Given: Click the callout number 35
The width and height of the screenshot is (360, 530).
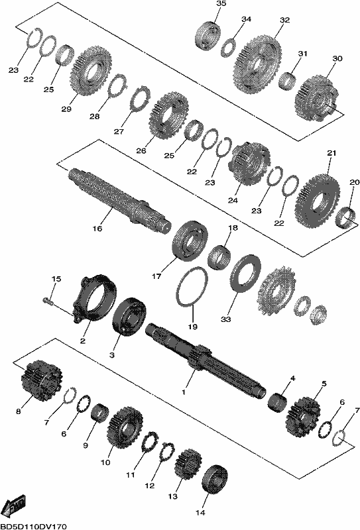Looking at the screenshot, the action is [221, 4].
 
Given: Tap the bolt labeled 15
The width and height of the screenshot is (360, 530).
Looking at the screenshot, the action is [48, 300].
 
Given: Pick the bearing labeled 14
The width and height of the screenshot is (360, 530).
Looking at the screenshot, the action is [215, 479].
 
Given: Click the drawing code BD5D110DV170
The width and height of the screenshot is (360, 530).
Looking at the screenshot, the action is [33, 526].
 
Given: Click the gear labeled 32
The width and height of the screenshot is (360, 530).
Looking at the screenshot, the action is [257, 64].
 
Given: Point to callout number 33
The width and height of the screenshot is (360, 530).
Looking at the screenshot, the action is [225, 319].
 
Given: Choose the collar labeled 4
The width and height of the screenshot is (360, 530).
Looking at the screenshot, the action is [277, 402].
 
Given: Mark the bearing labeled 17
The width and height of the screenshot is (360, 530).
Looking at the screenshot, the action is [190, 240].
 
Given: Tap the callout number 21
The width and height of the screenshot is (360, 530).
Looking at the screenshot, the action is [331, 153].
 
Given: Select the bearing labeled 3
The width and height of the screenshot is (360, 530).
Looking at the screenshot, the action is [129, 317].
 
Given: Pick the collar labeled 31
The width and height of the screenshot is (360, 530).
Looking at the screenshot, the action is [288, 81].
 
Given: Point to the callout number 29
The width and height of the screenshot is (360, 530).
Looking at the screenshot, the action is [66, 109].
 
